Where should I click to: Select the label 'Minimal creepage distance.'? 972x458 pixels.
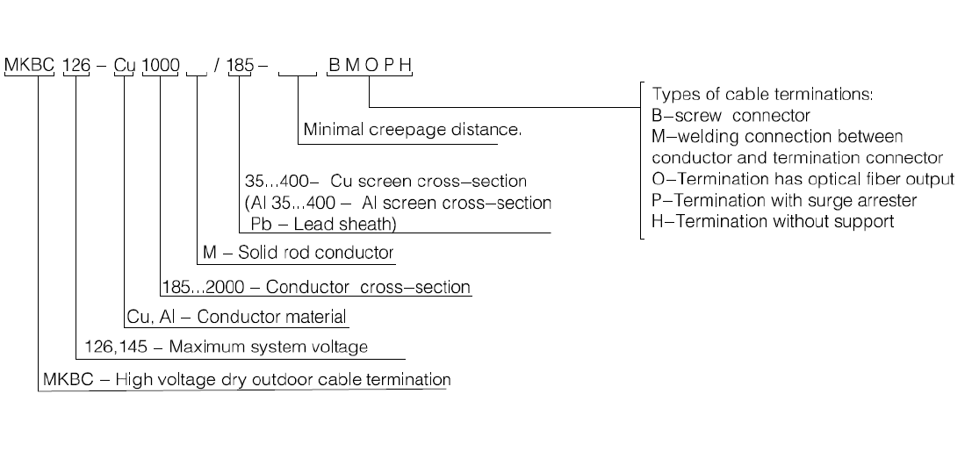[412, 130]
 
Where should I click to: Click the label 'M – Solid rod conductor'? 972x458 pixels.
[298, 253]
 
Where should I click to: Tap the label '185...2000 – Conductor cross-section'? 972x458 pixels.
[317, 287]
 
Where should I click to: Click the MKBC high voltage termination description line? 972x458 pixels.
[246, 380]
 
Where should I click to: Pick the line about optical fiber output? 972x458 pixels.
[803, 179]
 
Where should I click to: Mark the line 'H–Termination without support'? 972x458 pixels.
[773, 222]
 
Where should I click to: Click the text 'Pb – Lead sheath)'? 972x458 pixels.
[323, 224]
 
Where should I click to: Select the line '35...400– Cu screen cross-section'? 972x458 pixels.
[385, 182]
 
